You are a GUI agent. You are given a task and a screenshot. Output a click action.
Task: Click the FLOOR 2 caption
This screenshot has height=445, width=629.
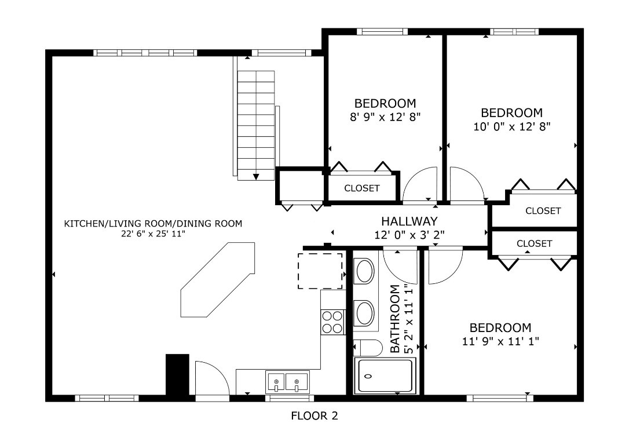tap(314, 415)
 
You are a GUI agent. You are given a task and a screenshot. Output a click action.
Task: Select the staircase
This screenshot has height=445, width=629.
tap(255, 125)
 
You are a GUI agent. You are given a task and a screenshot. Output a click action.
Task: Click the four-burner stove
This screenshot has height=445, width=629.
tap(332, 322)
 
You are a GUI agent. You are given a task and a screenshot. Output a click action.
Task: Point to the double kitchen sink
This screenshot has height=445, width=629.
tap(287, 382)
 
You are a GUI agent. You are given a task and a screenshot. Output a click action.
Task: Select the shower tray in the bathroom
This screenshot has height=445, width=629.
tap(385, 376)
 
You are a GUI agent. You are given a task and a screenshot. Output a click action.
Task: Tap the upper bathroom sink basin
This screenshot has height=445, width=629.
tap(364, 271)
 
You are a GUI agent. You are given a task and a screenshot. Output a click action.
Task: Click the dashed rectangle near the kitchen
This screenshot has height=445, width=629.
tap(320, 271)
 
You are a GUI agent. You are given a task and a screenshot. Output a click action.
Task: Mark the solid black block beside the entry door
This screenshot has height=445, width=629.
tap(178, 374)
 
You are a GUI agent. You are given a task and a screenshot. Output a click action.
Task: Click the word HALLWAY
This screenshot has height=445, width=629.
tap(409, 221)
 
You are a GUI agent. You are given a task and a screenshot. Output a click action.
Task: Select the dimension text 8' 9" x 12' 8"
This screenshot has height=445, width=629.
tap(385, 116)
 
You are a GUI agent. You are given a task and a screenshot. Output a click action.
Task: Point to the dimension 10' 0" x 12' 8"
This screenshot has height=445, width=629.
tap(511, 126)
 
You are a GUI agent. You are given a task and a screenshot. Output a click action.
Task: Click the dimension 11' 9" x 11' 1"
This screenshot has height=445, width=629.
tap(500, 341)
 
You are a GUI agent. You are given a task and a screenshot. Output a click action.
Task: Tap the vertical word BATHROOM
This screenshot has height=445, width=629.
tap(396, 319)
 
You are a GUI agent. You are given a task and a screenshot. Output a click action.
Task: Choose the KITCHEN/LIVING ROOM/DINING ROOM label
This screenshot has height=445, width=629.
tap(153, 224)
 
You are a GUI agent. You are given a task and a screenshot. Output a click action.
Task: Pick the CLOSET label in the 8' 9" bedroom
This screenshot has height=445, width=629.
tap(362, 188)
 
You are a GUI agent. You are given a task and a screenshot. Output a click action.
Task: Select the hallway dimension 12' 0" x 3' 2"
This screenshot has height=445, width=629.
tap(409, 235)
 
